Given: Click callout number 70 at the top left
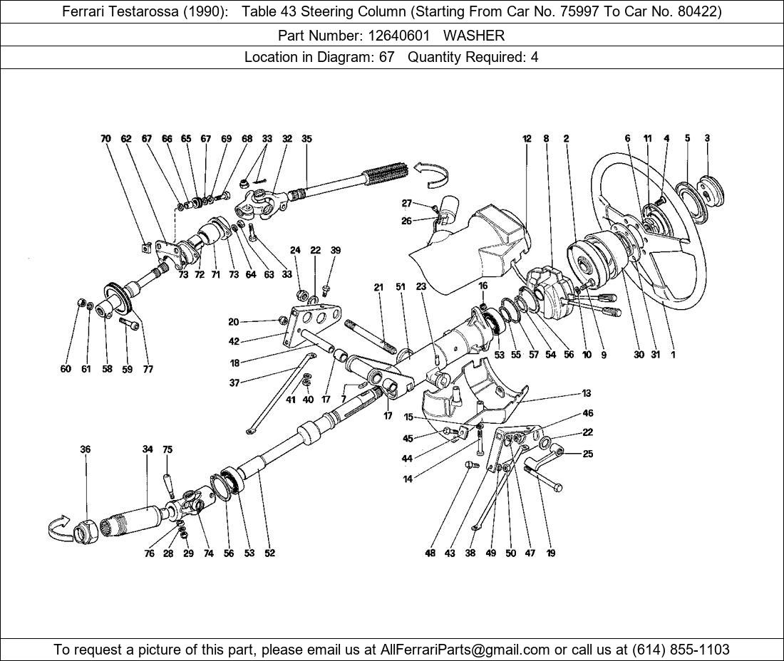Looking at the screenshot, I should [x=106, y=139].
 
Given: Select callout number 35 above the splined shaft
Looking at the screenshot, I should [x=306, y=139].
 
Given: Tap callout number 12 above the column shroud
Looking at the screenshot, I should [x=527, y=139].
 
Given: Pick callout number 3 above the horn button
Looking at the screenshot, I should [x=707, y=138].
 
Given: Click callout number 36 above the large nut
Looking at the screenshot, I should [x=86, y=449].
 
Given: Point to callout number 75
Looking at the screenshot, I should [x=167, y=449].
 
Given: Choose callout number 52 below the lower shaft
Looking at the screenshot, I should [x=269, y=553].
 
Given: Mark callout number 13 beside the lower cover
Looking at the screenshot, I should [x=586, y=393].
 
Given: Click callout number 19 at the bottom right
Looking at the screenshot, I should [x=551, y=553].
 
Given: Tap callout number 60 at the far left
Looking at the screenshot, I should [x=66, y=369].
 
